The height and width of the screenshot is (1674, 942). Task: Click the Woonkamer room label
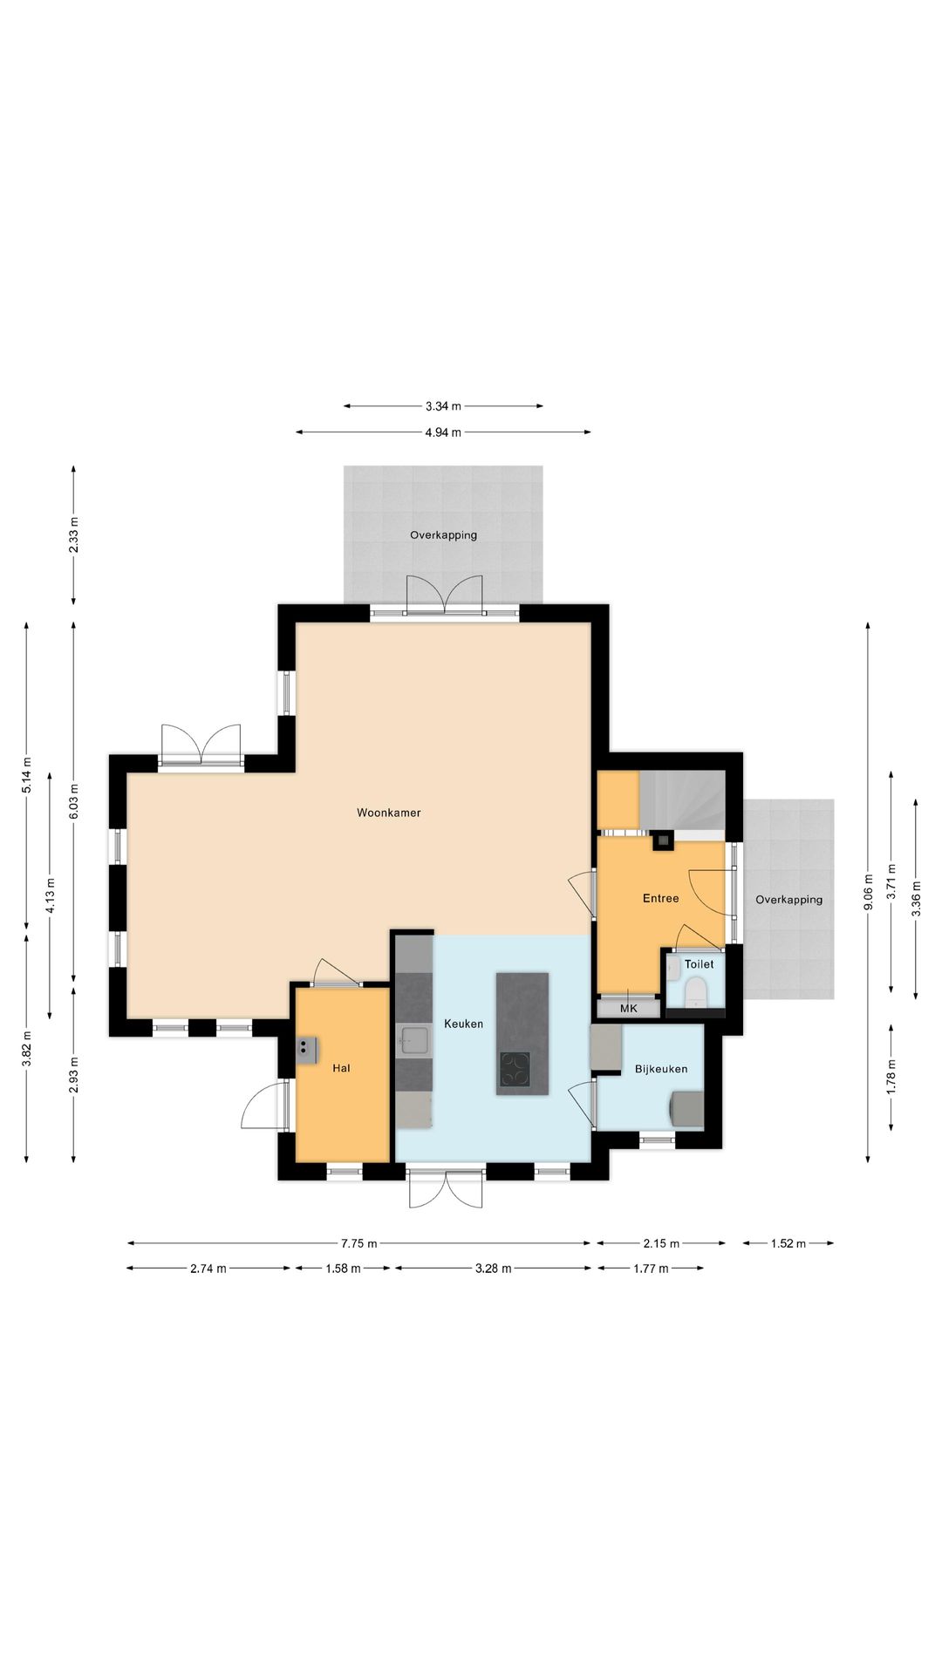pyautogui.click(x=388, y=813)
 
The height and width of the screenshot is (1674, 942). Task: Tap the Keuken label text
pyautogui.click(x=463, y=1024)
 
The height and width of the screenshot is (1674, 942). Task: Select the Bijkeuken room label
pyautogui.click(x=660, y=1069)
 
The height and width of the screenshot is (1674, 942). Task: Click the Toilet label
pyautogui.click(x=699, y=964)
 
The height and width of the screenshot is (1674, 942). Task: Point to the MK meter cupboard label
pyautogui.click(x=628, y=1009)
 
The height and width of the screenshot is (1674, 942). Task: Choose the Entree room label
pyautogui.click(x=660, y=898)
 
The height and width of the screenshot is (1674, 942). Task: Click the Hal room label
pyautogui.click(x=341, y=1068)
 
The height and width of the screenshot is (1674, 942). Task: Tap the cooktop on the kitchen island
pyautogui.click(x=515, y=1069)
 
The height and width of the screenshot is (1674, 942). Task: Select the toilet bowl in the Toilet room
pyautogui.click(x=695, y=992)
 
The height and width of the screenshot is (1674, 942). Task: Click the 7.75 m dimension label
pyautogui.click(x=359, y=1243)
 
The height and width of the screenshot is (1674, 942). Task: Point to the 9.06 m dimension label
pyautogui.click(x=868, y=892)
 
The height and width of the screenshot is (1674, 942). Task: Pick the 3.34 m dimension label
pyautogui.click(x=443, y=406)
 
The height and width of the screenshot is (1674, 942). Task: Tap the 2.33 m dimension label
pyautogui.click(x=74, y=534)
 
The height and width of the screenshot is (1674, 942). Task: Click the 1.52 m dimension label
pyautogui.click(x=788, y=1243)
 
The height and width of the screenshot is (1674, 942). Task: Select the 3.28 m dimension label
pyautogui.click(x=493, y=1269)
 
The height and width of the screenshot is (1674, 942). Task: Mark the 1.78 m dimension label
pyautogui.click(x=891, y=1077)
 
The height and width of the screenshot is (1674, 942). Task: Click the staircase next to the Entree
pyautogui.click(x=682, y=800)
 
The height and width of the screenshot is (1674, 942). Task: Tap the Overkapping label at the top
pyautogui.click(x=443, y=535)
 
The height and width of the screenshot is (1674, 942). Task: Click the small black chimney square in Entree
pyautogui.click(x=664, y=840)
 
